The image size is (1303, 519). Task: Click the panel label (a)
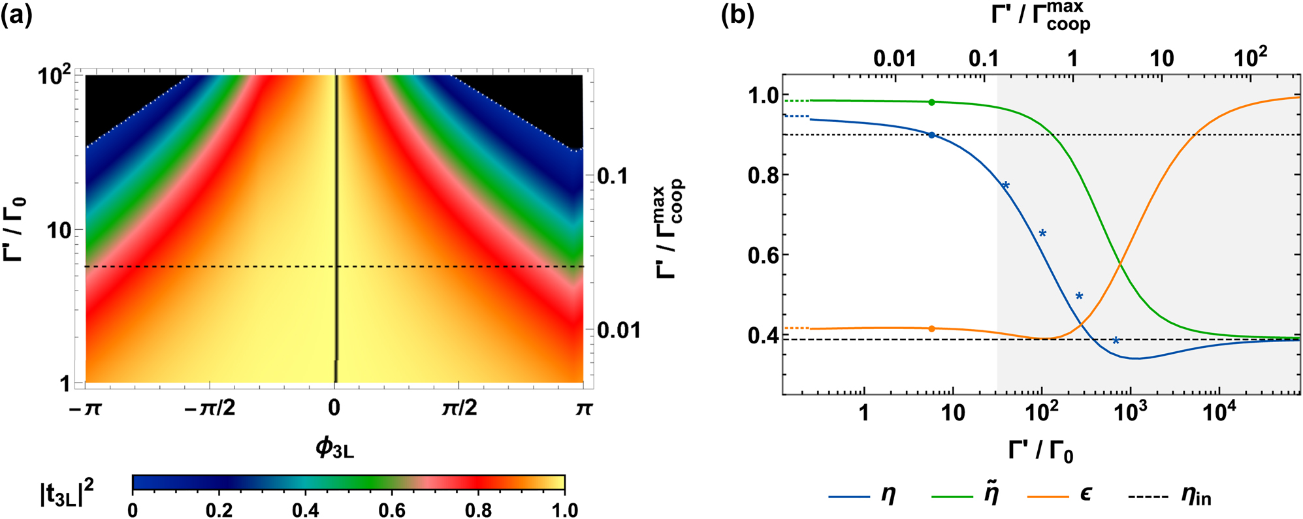pyautogui.click(x=16, y=14)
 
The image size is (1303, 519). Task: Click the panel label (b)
pyautogui.click(x=737, y=14)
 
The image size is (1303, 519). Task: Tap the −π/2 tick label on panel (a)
pyautogui.click(x=210, y=408)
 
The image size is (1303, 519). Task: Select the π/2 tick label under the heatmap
pyautogui.click(x=459, y=408)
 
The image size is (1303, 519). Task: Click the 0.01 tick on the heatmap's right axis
pyautogui.click(x=619, y=330)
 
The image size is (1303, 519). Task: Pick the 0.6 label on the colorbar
pyautogui.click(x=392, y=510)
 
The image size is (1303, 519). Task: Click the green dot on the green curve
pyautogui.click(x=932, y=102)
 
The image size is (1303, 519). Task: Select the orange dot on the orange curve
pyautogui.click(x=932, y=328)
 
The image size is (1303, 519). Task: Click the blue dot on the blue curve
pyautogui.click(x=932, y=135)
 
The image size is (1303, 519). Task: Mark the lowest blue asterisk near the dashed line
pyautogui.click(x=1116, y=340)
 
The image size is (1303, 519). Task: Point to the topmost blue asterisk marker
pyautogui.click(x=1006, y=186)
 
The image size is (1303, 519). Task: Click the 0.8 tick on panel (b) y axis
pyautogui.click(x=764, y=175)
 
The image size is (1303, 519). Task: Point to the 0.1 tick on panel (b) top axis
pyautogui.click(x=983, y=59)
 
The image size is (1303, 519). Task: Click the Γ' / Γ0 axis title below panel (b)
pyautogui.click(x=1040, y=450)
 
